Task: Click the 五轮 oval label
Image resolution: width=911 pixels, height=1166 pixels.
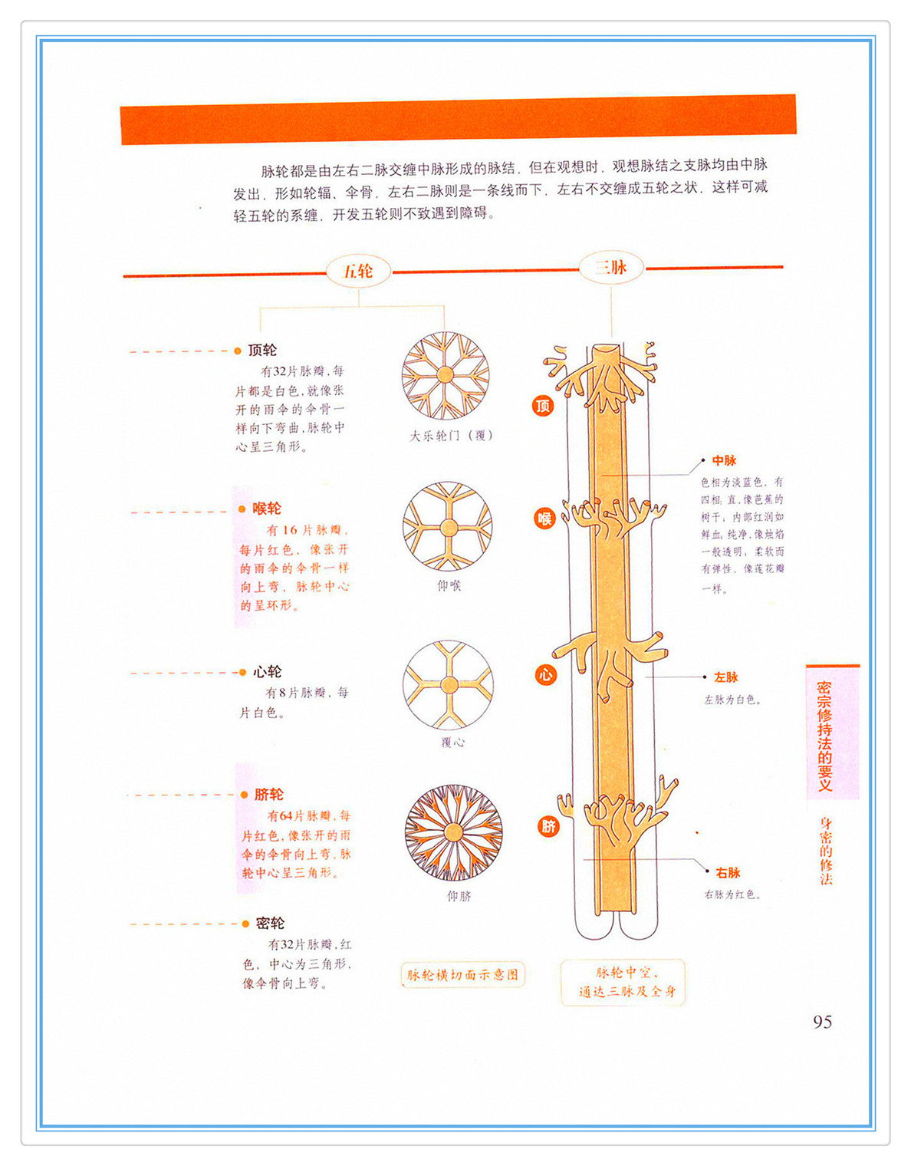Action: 358,271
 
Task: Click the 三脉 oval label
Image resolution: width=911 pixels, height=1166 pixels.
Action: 611,268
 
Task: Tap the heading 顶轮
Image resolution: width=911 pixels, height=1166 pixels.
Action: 262,350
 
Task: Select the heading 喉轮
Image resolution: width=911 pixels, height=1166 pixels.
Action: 267,509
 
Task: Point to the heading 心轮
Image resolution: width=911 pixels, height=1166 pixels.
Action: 268,672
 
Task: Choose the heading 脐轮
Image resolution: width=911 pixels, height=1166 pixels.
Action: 269,795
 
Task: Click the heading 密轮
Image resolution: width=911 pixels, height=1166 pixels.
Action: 270,924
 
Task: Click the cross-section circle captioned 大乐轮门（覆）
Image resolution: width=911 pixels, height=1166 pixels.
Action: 446,376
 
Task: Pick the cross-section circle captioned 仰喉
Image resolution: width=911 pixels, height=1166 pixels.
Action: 448,526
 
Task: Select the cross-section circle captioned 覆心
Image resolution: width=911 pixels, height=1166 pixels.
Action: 449,685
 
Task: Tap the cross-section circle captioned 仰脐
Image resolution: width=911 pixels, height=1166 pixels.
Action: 454,832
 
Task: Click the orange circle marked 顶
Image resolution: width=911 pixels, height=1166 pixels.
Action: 543,406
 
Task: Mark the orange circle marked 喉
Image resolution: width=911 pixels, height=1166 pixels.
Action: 544,519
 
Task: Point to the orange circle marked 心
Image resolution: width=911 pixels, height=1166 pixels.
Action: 545,675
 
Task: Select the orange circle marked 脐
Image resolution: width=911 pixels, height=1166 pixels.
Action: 548,826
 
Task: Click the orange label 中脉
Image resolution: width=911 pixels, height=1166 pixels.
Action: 724,460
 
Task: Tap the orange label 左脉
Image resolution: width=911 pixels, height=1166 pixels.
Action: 725,677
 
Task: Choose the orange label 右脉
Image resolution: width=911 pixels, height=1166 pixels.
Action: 728,873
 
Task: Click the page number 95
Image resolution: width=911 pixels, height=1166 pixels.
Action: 822,1022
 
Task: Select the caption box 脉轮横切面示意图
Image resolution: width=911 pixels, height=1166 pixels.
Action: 462,975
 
